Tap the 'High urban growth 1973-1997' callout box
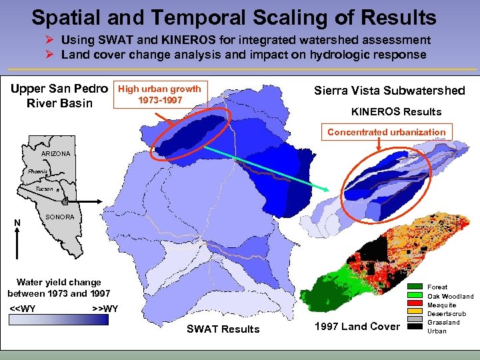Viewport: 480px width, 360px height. tap(159, 95)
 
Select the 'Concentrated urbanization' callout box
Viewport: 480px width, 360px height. tap(386, 132)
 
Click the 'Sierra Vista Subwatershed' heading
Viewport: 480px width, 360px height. tap(389, 91)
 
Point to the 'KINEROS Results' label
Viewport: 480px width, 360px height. tap(396, 111)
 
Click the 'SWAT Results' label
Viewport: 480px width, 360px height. tap(223, 329)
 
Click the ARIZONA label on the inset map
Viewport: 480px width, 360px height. tap(55, 153)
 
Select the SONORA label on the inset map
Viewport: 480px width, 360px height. tap(60, 217)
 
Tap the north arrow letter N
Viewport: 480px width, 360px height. tap(17, 223)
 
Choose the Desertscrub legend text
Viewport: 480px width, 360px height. tap(447, 313)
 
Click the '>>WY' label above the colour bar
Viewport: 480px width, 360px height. tap(105, 308)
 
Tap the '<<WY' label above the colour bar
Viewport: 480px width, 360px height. tap(23, 308)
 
